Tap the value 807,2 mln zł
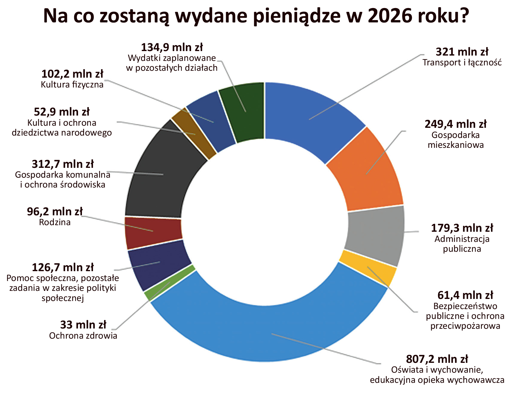[437, 359]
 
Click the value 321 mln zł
[462, 52]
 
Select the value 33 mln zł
[83, 325]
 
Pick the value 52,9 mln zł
[62, 112]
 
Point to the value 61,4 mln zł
[465, 295]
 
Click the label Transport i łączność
[462, 63]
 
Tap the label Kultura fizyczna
[72, 85]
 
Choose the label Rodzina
[55, 222]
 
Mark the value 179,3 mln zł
[462, 228]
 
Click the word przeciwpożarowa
[465, 326]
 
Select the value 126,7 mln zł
[63, 267]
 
